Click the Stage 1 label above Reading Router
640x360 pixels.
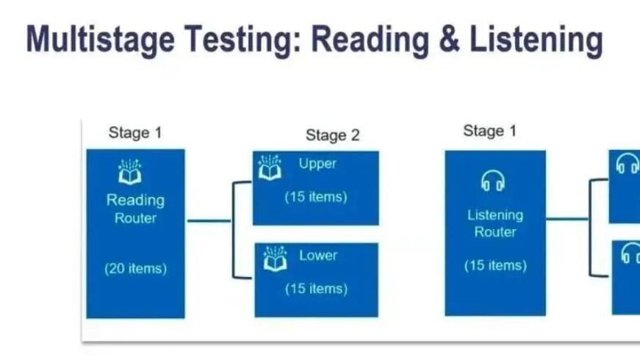click(134, 133)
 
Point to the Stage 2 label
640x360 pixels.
click(333, 135)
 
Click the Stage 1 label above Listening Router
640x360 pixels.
click(489, 131)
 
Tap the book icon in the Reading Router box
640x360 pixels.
click(130, 172)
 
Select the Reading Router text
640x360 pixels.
click(135, 209)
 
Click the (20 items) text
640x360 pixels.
click(135, 268)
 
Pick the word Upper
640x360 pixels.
click(317, 164)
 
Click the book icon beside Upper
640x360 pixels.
click(270, 168)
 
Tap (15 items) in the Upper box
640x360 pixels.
click(316, 197)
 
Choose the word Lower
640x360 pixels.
click(318, 256)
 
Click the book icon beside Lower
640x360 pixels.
click(275, 260)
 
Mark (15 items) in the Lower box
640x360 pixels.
click(316, 289)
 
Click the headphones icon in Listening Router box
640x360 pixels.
click(492, 180)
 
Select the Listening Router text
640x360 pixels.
click(495, 223)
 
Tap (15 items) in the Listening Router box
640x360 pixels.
click(495, 265)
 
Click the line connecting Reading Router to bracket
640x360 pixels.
click(209, 220)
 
